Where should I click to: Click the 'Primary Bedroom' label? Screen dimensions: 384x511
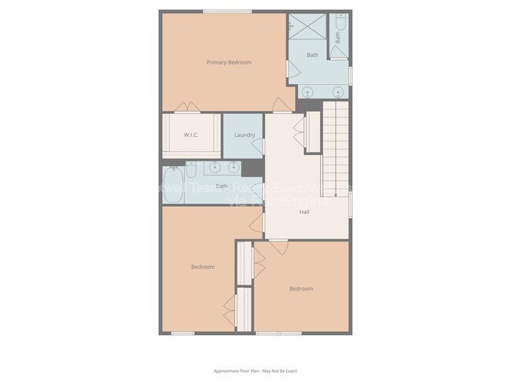tap(229, 62)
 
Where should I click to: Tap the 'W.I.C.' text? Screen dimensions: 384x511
tap(191, 135)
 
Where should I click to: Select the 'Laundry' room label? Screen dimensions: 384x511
tap(244, 135)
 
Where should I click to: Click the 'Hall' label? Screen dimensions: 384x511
tap(304, 212)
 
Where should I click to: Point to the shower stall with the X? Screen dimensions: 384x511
tap(305, 25)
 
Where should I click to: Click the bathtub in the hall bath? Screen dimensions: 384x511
tap(174, 186)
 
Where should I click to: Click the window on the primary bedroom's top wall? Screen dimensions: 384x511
tap(227, 11)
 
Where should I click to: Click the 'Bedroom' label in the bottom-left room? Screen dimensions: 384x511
tap(203, 267)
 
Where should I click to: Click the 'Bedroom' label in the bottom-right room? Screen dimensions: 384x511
tap(300, 289)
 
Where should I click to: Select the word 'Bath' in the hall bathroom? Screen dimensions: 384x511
tap(221, 186)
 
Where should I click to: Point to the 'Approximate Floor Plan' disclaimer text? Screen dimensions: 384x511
tap(255, 371)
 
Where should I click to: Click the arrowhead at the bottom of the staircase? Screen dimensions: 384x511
tap(336, 194)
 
